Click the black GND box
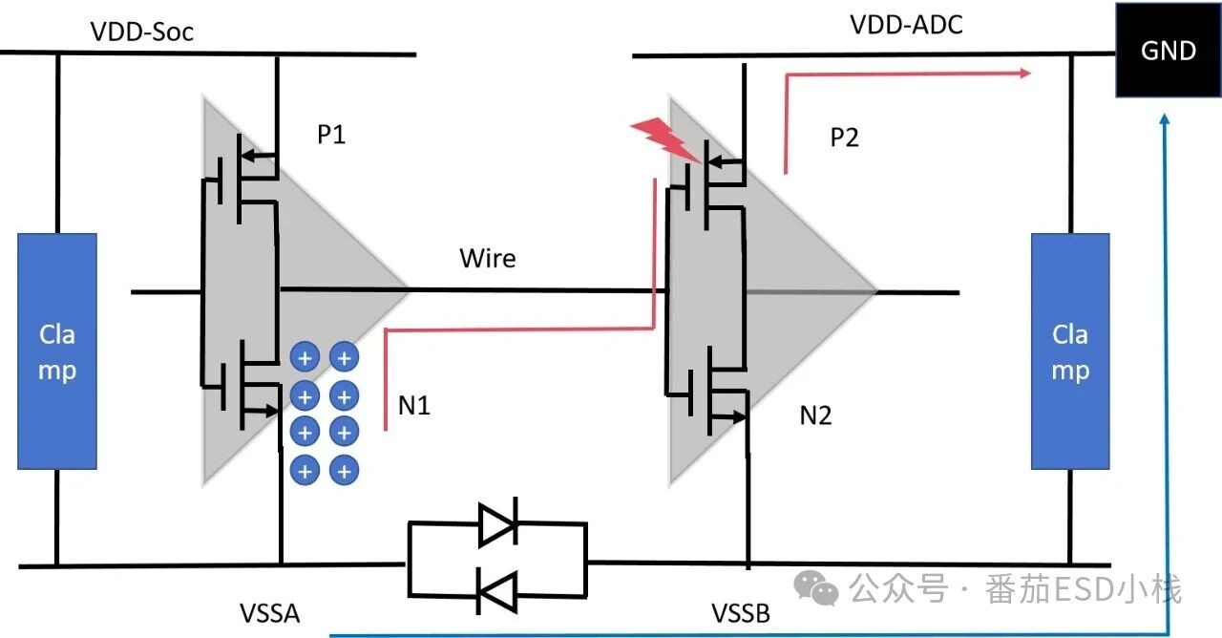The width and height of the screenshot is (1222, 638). [1169, 50]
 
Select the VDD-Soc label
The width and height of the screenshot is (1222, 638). [142, 31]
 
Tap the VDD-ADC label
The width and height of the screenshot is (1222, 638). [906, 25]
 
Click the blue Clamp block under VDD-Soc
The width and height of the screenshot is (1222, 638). [57, 351]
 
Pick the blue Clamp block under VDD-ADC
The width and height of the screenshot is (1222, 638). [1070, 351]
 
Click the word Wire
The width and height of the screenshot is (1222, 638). [487, 258]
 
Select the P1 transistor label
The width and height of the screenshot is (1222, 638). [330, 135]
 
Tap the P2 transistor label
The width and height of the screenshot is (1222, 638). [844, 138]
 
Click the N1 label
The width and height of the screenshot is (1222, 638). [414, 405]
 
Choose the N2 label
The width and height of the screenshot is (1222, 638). [816, 415]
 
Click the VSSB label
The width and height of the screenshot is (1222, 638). [740, 613]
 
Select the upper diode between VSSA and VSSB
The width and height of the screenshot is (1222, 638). [497, 523]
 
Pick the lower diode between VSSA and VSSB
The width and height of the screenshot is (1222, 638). [497, 592]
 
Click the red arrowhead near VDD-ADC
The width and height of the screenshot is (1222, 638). [1024, 72]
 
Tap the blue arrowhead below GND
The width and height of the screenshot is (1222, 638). [1165, 119]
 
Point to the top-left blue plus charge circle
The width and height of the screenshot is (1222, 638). [305, 358]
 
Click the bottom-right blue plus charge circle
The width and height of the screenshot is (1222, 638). [344, 470]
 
